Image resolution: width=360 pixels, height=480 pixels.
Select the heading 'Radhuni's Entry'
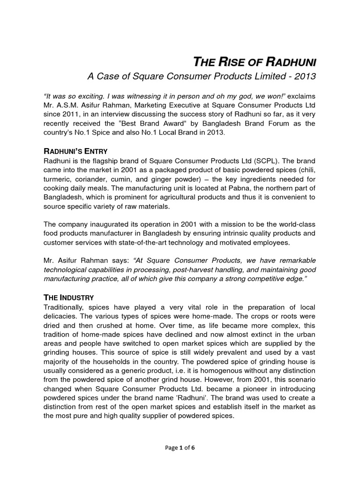click(76, 151)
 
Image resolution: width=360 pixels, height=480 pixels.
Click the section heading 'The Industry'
click(69, 297)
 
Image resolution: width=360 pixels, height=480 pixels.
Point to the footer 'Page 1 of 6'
click(180, 448)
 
